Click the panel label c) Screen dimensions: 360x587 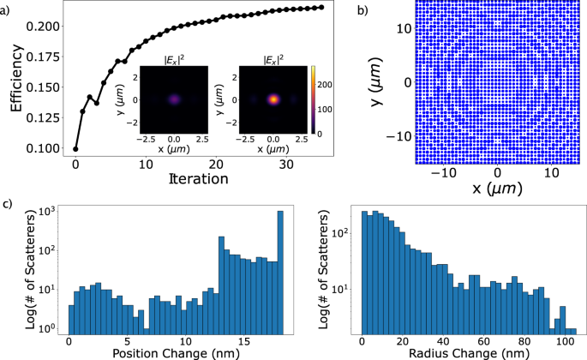[x=8, y=204]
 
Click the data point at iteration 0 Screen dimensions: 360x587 [x=75, y=148]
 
